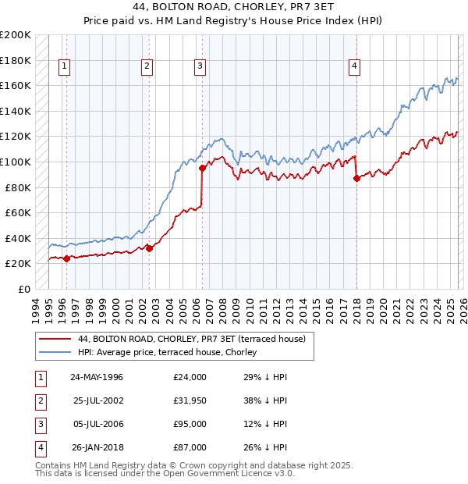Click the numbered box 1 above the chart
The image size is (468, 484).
tap(63, 67)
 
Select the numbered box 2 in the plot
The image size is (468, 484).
tap(146, 67)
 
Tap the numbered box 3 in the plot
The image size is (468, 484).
tap(200, 67)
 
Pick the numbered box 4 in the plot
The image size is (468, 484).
tap(354, 67)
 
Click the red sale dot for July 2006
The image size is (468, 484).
tap(202, 168)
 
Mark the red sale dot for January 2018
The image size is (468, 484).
tap(356, 178)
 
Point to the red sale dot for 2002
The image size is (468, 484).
tap(149, 249)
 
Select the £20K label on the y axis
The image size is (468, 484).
tap(19, 263)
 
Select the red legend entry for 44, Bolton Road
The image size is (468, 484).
tap(196, 339)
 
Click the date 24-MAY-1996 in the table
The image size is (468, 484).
tap(97, 377)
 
